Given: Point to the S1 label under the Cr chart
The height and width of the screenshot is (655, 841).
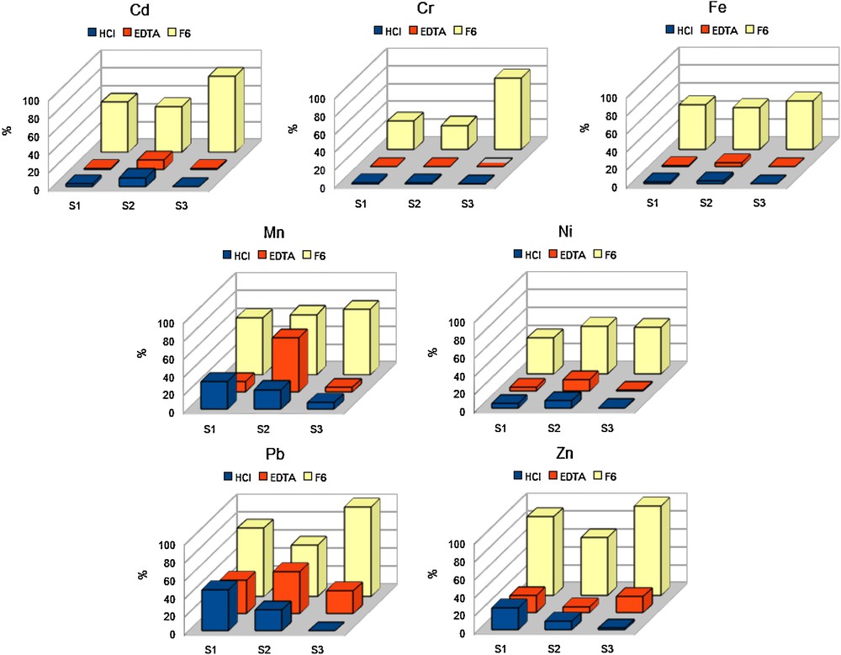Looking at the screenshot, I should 360,204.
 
